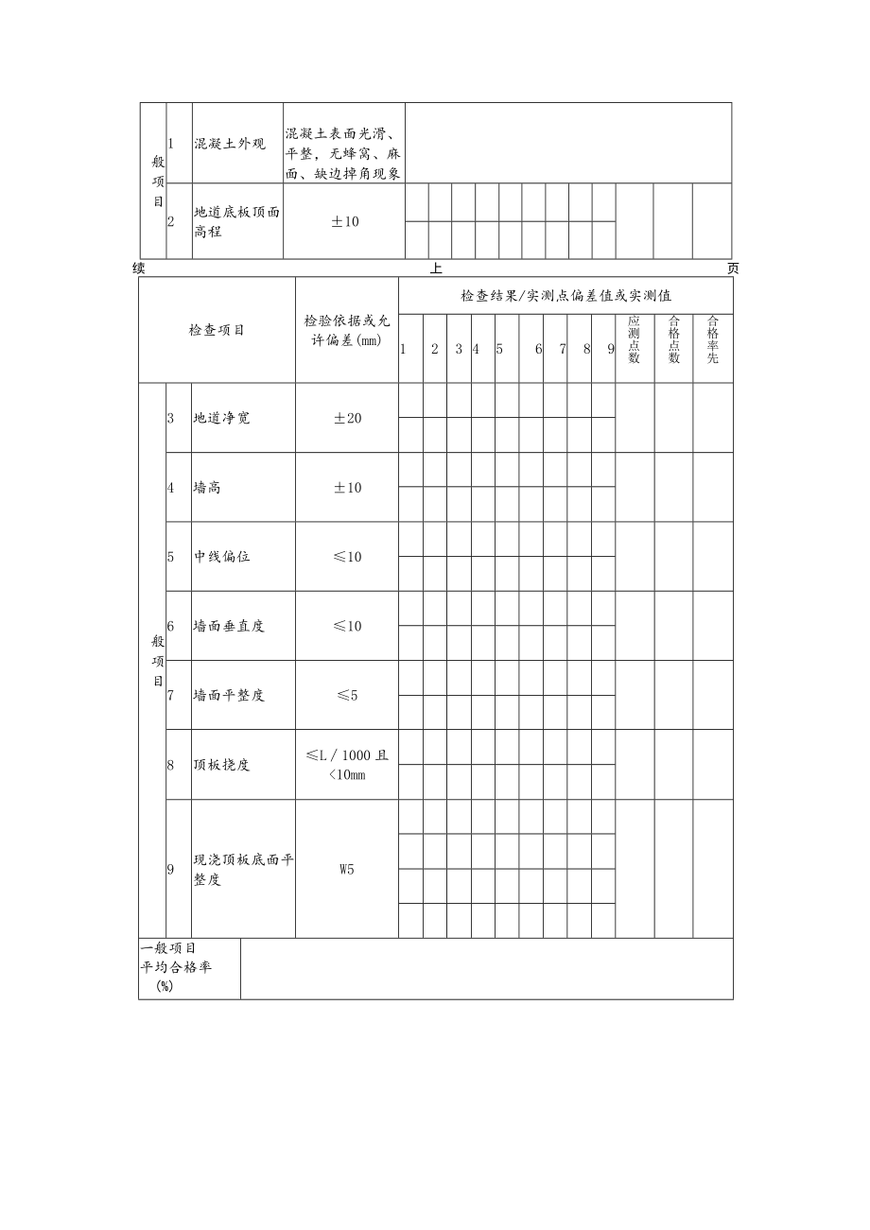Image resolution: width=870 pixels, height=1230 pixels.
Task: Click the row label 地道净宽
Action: coord(222,418)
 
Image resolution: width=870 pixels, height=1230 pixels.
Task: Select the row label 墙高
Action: coord(207,488)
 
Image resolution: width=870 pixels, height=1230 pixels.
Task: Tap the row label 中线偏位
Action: coord(222,557)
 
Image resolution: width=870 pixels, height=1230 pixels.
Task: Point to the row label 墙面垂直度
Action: coord(229,626)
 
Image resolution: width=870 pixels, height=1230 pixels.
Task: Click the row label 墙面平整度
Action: coord(229,695)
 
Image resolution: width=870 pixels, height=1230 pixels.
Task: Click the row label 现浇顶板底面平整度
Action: coord(243,870)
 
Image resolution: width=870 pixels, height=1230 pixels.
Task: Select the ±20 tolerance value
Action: coord(346,418)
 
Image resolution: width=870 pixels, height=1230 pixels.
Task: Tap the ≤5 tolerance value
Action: coord(346,695)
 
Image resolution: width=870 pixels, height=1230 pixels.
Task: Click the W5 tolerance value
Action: coord(346,870)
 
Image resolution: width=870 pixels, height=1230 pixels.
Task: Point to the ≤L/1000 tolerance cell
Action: coord(346,765)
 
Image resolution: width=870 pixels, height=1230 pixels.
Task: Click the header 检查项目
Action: coord(217,330)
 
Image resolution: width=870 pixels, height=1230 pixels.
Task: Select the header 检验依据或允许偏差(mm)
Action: coord(346,330)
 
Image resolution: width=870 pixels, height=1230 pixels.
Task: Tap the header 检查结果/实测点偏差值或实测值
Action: coord(565,296)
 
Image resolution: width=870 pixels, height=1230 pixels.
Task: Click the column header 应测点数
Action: coord(635,339)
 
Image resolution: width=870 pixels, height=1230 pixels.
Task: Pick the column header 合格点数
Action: coord(673,339)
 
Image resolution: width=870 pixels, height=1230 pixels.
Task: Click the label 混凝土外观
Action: coord(230,144)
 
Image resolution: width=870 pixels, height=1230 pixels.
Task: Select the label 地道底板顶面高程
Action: coord(236,222)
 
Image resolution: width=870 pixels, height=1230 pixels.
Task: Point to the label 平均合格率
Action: coord(176,968)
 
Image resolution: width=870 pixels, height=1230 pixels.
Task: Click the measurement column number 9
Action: coord(610,349)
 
